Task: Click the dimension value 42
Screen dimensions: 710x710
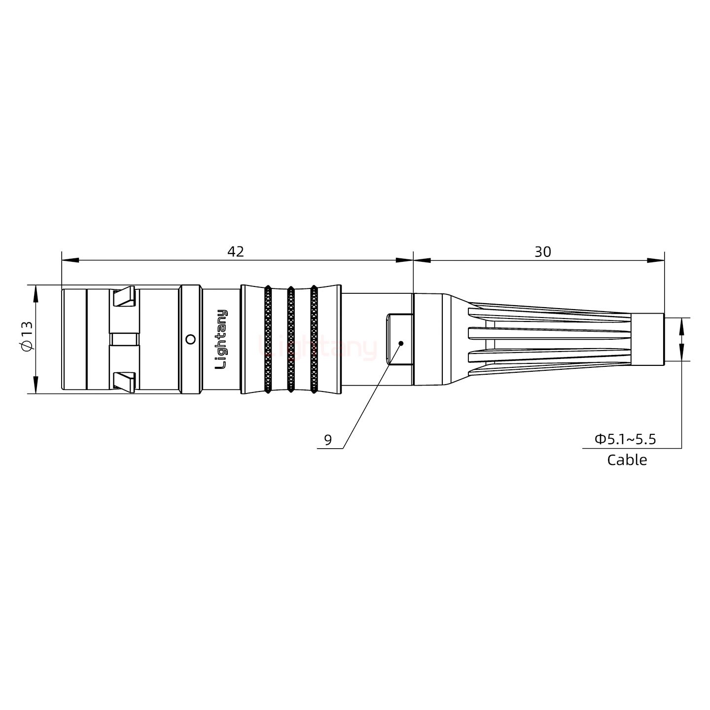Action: pyautogui.click(x=235, y=251)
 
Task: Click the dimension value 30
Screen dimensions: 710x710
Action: pyautogui.click(x=542, y=251)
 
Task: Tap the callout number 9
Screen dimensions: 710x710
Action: pyautogui.click(x=328, y=440)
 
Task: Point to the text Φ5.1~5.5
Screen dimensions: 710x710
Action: pyautogui.click(x=625, y=439)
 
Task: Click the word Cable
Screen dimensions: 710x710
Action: pyautogui.click(x=627, y=460)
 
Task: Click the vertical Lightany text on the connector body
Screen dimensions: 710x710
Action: pyautogui.click(x=222, y=339)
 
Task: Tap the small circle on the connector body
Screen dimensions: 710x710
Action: pyautogui.click(x=190, y=339)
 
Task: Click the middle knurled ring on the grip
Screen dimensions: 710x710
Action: pyautogui.click(x=290, y=339)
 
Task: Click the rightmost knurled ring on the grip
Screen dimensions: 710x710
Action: pyautogui.click(x=314, y=339)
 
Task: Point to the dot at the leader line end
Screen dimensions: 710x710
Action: pyautogui.click(x=401, y=343)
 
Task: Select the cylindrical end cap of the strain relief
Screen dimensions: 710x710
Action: pyautogui.click(x=647, y=339)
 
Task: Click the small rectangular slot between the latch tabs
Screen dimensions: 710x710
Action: pyautogui.click(x=124, y=339)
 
